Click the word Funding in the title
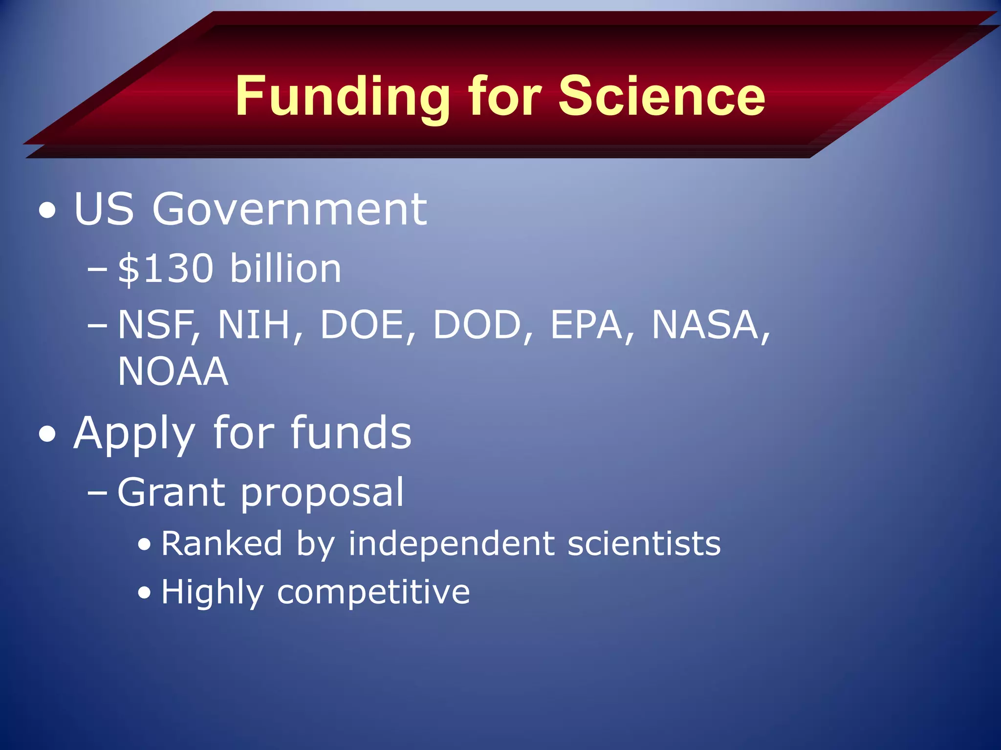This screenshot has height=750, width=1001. (x=342, y=96)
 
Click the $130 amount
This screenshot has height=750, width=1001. (x=166, y=269)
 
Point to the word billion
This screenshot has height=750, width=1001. (x=285, y=269)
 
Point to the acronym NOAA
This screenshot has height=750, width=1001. (x=173, y=372)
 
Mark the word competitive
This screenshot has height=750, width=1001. (x=373, y=592)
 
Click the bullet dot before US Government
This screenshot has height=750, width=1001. (x=47, y=211)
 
